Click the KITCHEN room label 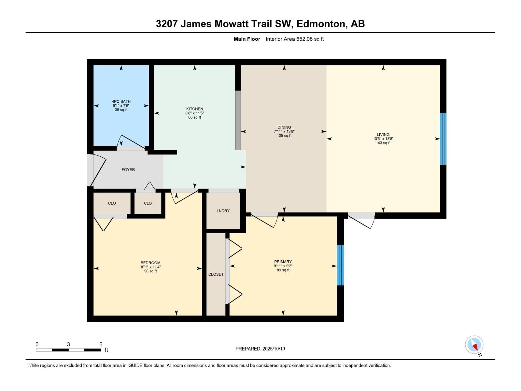click(194, 109)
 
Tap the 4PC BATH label click(121, 101)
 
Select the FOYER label click(128, 169)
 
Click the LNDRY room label click(223, 211)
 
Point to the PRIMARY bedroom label click(283, 262)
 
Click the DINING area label click(284, 127)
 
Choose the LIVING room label click(383, 134)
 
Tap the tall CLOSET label click(216, 274)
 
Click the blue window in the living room click(443, 139)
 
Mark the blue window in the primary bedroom click(340, 265)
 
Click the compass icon click(474, 345)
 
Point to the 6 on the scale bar click(101, 344)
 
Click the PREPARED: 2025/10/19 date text click(260, 349)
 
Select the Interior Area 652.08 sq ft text click(295, 39)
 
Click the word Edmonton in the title click(321, 24)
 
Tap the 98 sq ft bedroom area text click(150, 271)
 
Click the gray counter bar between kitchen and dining click(238, 120)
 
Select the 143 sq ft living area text click(383, 143)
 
